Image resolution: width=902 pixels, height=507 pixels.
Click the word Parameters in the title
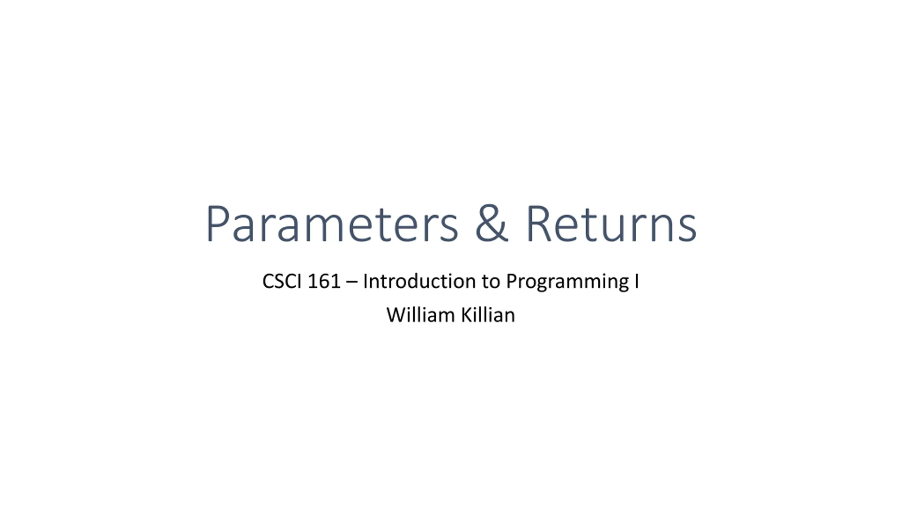click(332, 224)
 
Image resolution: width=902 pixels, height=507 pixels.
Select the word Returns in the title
click(611, 224)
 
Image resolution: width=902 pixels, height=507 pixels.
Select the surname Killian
click(488, 314)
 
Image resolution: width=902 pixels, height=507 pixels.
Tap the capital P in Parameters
click(218, 224)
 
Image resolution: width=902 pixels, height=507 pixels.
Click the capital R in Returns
click(539, 224)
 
